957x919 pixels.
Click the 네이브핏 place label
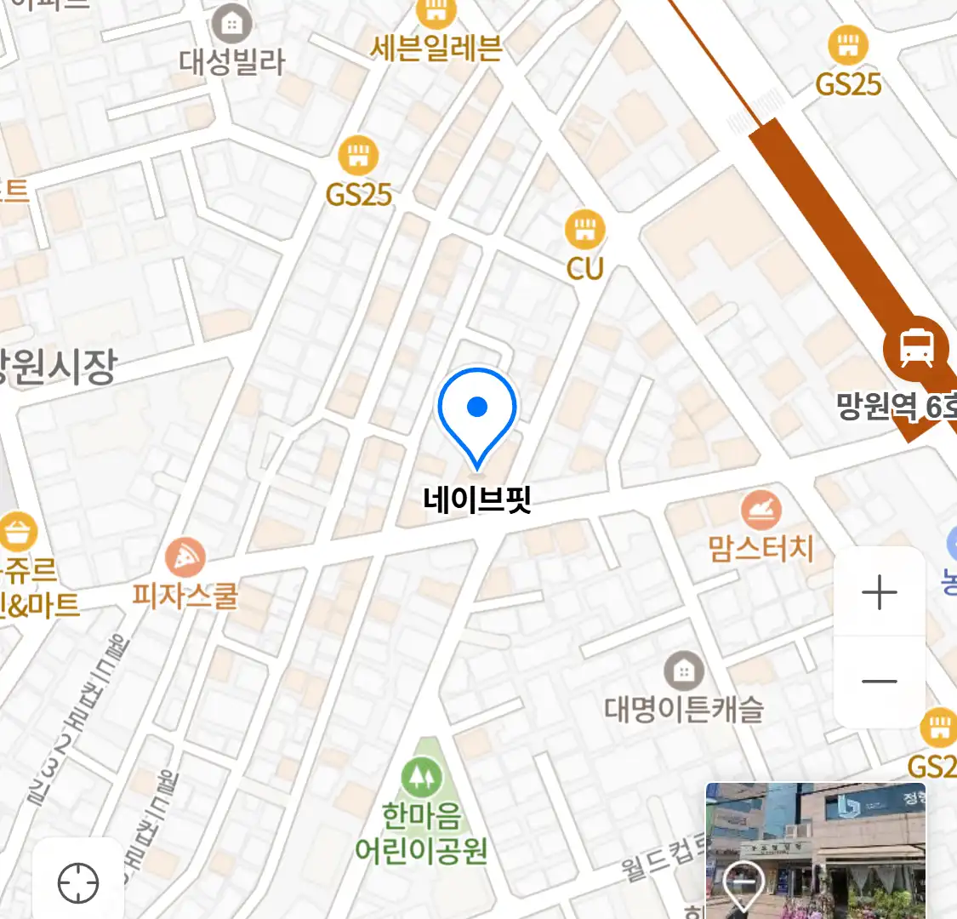click(477, 499)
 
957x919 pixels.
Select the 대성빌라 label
click(231, 61)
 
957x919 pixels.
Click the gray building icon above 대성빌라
click(231, 24)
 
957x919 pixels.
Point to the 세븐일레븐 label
click(436, 48)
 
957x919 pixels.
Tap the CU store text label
click(584, 268)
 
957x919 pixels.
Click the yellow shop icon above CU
click(584, 229)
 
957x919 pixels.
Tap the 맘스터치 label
click(761, 549)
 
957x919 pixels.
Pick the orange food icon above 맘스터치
click(760, 510)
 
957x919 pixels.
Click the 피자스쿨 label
click(185, 595)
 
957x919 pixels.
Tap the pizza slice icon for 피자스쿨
click(185, 558)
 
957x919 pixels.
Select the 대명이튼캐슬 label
click(684, 708)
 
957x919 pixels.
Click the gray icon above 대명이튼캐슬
click(684, 671)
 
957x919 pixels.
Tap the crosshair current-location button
click(78, 883)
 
